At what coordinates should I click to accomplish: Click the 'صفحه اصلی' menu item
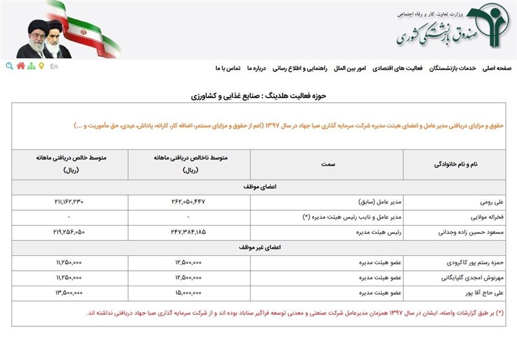pos(496,68)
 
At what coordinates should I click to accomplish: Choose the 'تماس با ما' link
pos(227,68)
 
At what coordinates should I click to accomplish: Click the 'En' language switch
pos(54,66)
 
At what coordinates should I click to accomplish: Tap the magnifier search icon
pos(9,66)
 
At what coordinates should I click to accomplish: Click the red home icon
pos(21,66)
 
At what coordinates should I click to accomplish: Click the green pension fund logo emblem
pos(491,26)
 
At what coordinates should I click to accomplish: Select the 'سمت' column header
pos(327,165)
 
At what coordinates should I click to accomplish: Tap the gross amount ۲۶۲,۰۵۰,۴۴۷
pos(180,202)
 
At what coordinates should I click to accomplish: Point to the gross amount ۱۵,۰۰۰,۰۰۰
pos(180,292)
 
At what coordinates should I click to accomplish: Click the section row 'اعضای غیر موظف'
pos(258,248)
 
